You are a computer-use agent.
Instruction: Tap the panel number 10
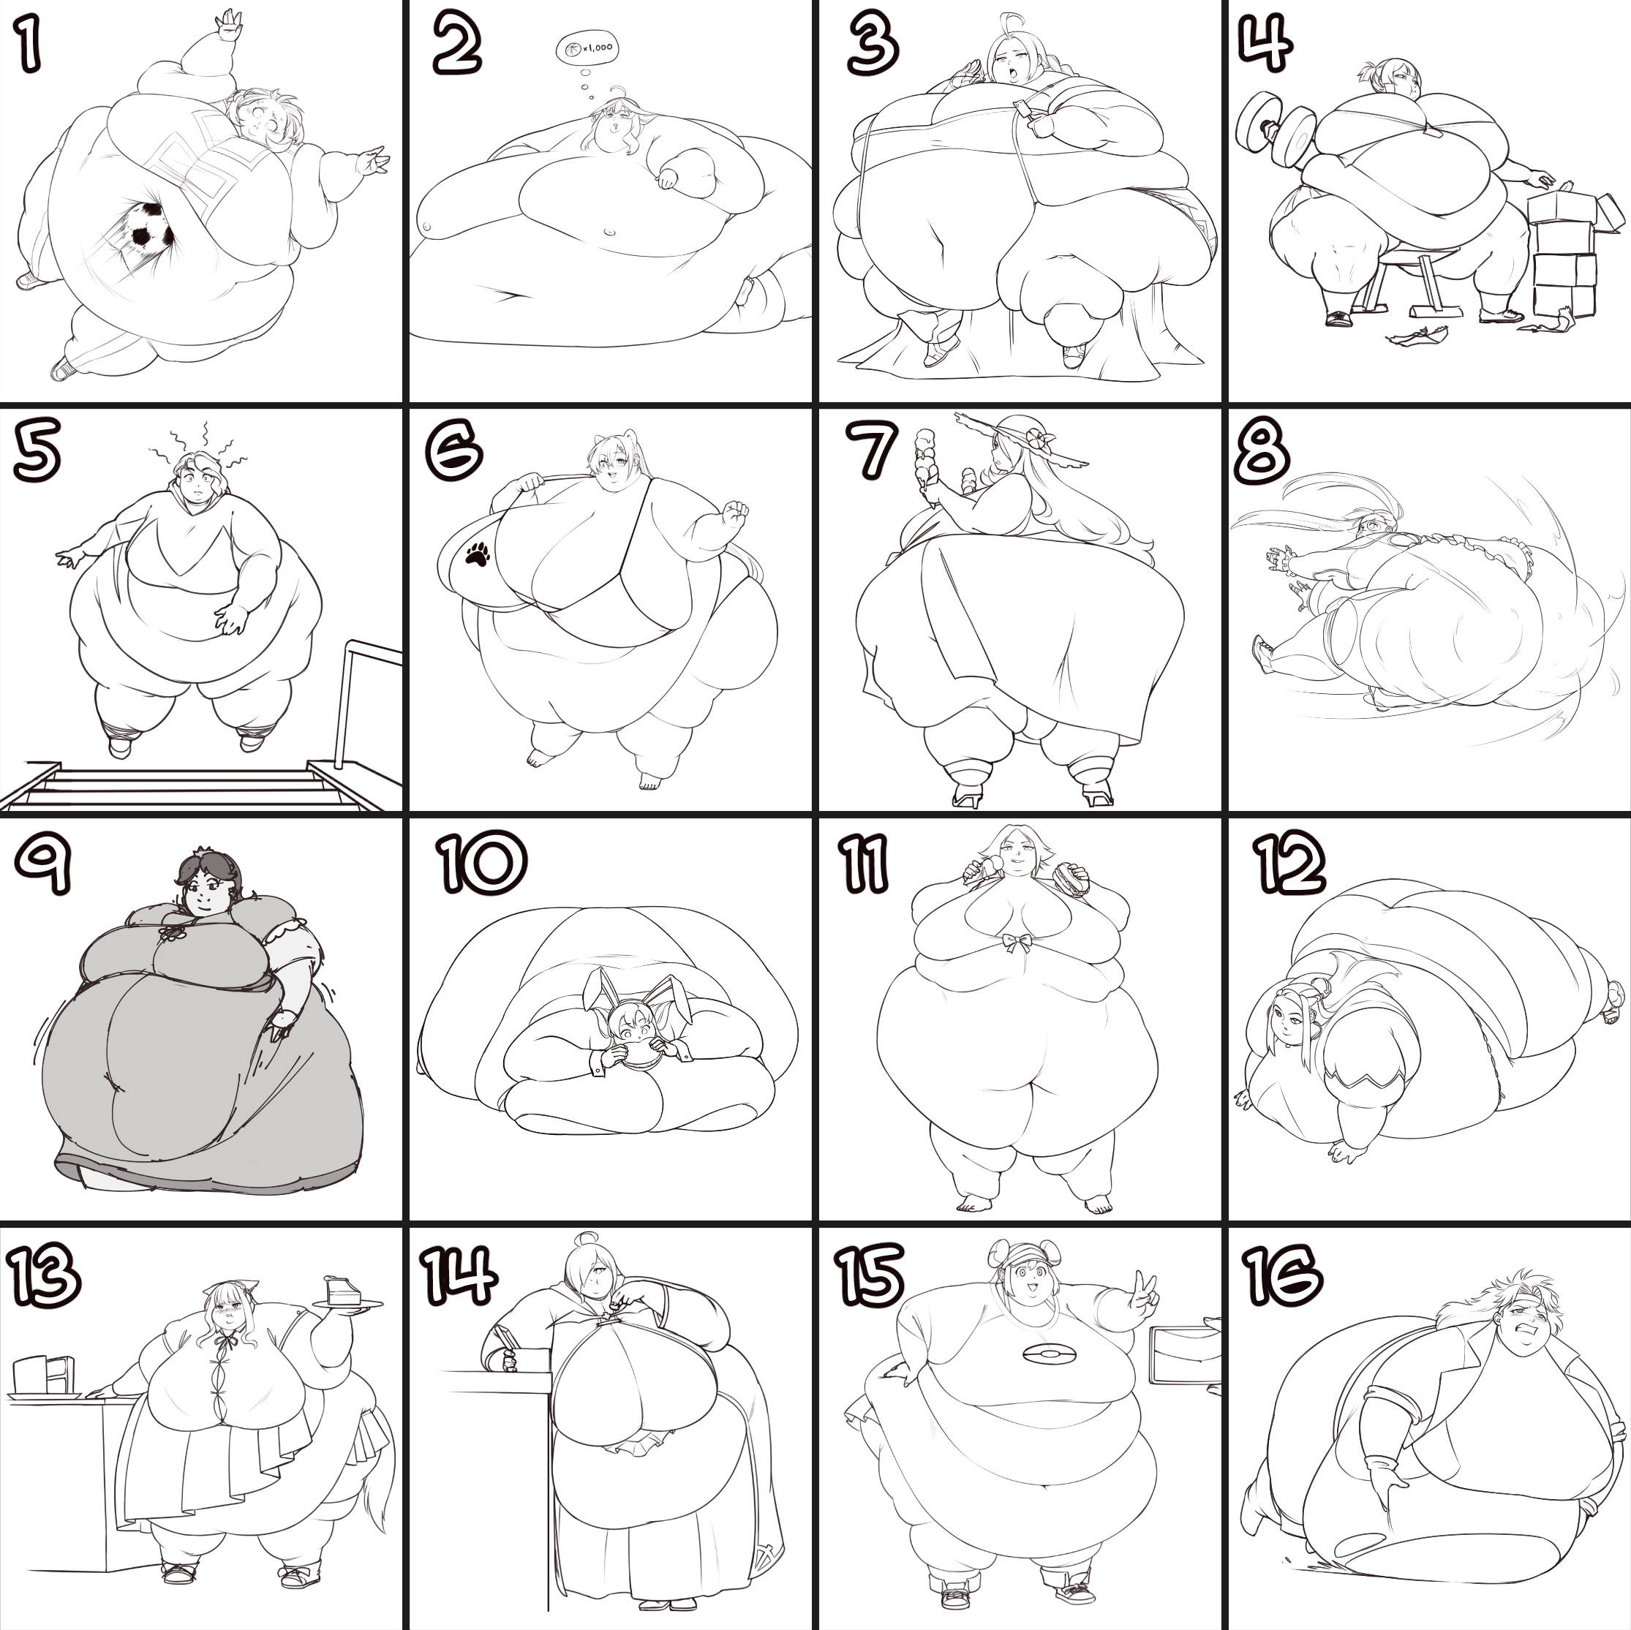[482, 863]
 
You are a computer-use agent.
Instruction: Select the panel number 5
[37, 453]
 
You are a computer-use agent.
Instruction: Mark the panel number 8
[1262, 452]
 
